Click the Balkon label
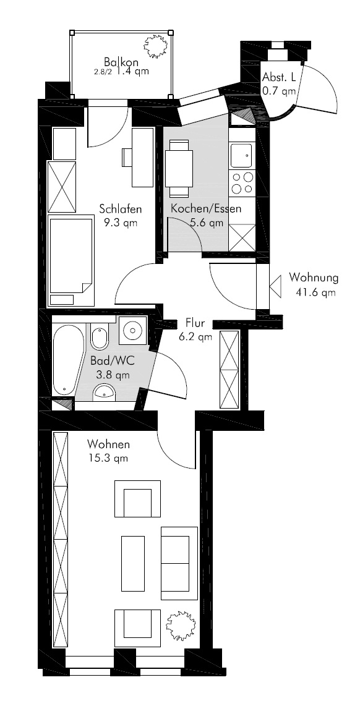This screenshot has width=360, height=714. tap(121, 61)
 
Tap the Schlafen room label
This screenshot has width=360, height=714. tap(120, 209)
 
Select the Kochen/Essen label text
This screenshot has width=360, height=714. tap(206, 210)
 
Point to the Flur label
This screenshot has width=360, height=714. tap(195, 323)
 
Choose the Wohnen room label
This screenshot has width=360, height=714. tap(108, 444)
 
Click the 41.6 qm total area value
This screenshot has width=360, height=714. tap(316, 293)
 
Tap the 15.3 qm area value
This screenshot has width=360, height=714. tap(108, 458)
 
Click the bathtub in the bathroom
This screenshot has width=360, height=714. tap(68, 360)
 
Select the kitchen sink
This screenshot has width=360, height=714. tap(241, 156)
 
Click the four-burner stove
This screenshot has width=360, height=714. tap(242, 182)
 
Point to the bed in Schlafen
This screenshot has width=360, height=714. tap(71, 260)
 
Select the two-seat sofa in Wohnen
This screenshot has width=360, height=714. tap(179, 563)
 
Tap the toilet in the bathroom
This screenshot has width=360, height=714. tap(98, 337)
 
